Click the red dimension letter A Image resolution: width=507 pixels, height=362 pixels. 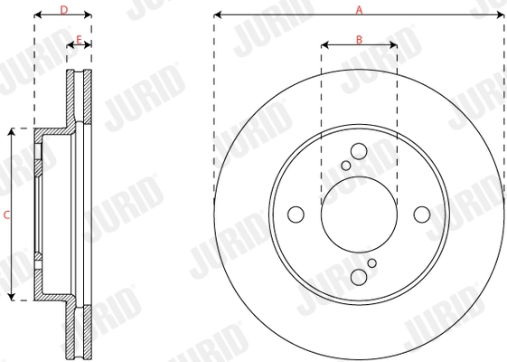point(359,10)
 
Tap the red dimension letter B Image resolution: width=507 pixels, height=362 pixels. point(359,38)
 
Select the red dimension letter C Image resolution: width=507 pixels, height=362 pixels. point(6,214)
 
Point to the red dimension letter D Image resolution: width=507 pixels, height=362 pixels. point(62,10)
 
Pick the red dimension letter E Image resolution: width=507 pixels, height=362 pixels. point(80,39)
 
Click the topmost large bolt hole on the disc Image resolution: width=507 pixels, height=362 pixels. point(359,151)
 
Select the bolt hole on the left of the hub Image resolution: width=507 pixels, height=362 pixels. point(296,214)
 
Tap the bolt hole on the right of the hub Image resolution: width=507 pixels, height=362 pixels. point(422,214)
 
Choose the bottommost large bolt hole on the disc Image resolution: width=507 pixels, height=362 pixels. point(359,278)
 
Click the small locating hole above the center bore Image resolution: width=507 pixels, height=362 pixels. point(346,166)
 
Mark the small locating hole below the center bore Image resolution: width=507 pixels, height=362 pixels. point(371,263)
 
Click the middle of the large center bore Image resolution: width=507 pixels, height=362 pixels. point(359,214)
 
